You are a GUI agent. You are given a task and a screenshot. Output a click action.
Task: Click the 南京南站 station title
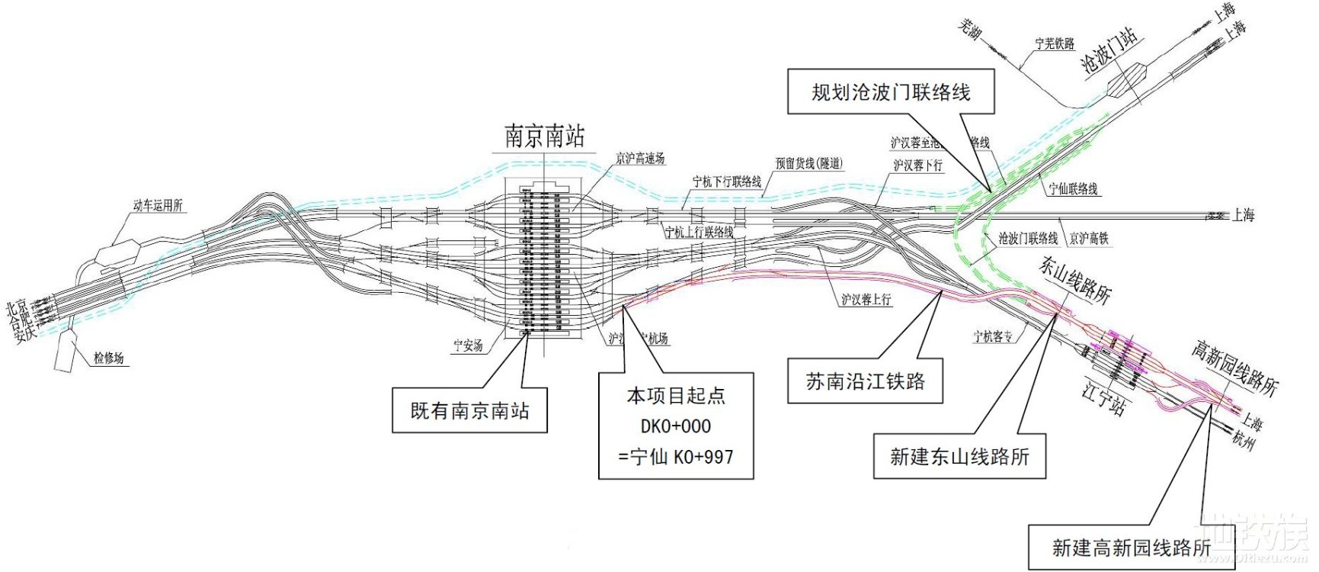pyautogui.click(x=544, y=137)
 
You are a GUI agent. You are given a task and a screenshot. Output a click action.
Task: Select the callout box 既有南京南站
pyautogui.click(x=469, y=411)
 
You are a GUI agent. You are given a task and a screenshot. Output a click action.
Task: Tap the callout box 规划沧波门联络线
pyautogui.click(x=891, y=92)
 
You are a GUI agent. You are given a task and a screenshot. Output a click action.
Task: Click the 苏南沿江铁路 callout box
pyautogui.click(x=865, y=381)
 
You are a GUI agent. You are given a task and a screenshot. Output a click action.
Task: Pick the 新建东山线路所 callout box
pyautogui.click(x=959, y=456)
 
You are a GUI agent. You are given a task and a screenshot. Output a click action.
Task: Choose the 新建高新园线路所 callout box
pyautogui.click(x=1131, y=547)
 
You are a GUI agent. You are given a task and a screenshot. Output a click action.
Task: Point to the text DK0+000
pyautogui.click(x=676, y=426)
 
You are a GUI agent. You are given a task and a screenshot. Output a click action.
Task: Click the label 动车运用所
pyautogui.click(x=158, y=205)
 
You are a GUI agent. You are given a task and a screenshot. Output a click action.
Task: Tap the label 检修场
pyautogui.click(x=108, y=358)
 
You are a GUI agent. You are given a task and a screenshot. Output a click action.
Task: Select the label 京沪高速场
pyautogui.click(x=640, y=159)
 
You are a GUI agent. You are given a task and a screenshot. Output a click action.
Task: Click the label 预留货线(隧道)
pyautogui.click(x=809, y=163)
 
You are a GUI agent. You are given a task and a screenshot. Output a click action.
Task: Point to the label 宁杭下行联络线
pyautogui.click(x=726, y=182)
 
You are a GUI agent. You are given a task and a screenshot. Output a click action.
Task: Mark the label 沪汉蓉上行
pyautogui.click(x=866, y=300)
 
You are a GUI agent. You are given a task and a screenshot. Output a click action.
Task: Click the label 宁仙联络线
pyautogui.click(x=1073, y=188)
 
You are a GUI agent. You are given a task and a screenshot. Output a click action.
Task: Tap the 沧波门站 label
pyautogui.click(x=1109, y=50)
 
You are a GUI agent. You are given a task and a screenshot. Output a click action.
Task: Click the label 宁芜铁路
pyautogui.click(x=1055, y=43)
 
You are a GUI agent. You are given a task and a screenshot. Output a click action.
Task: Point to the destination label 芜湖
pyautogui.click(x=969, y=31)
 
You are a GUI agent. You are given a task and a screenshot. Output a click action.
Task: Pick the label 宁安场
pyautogui.click(x=468, y=345)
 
